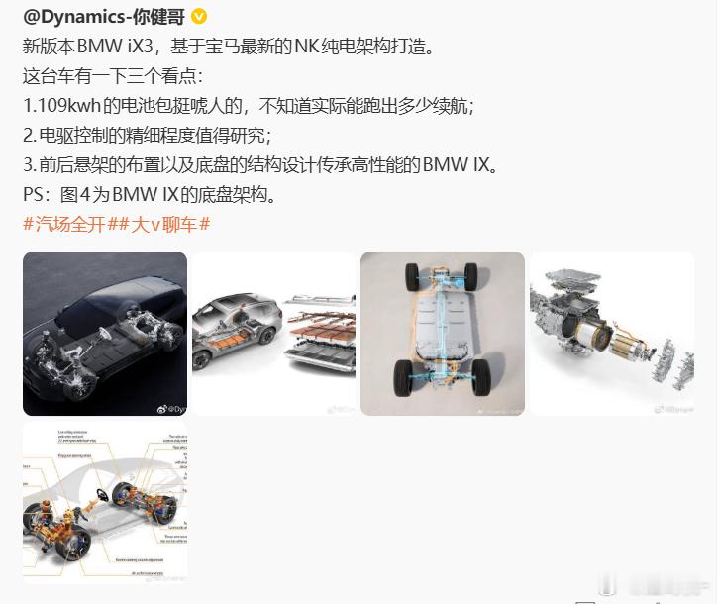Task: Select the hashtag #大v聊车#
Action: point(164,224)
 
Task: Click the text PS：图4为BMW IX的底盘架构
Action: point(148,194)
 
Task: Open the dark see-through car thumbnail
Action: point(105,334)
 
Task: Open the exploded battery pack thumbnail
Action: point(273,334)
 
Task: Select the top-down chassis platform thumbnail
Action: point(443,334)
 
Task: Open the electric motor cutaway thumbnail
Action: point(611,334)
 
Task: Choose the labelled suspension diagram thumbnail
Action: point(105,502)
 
